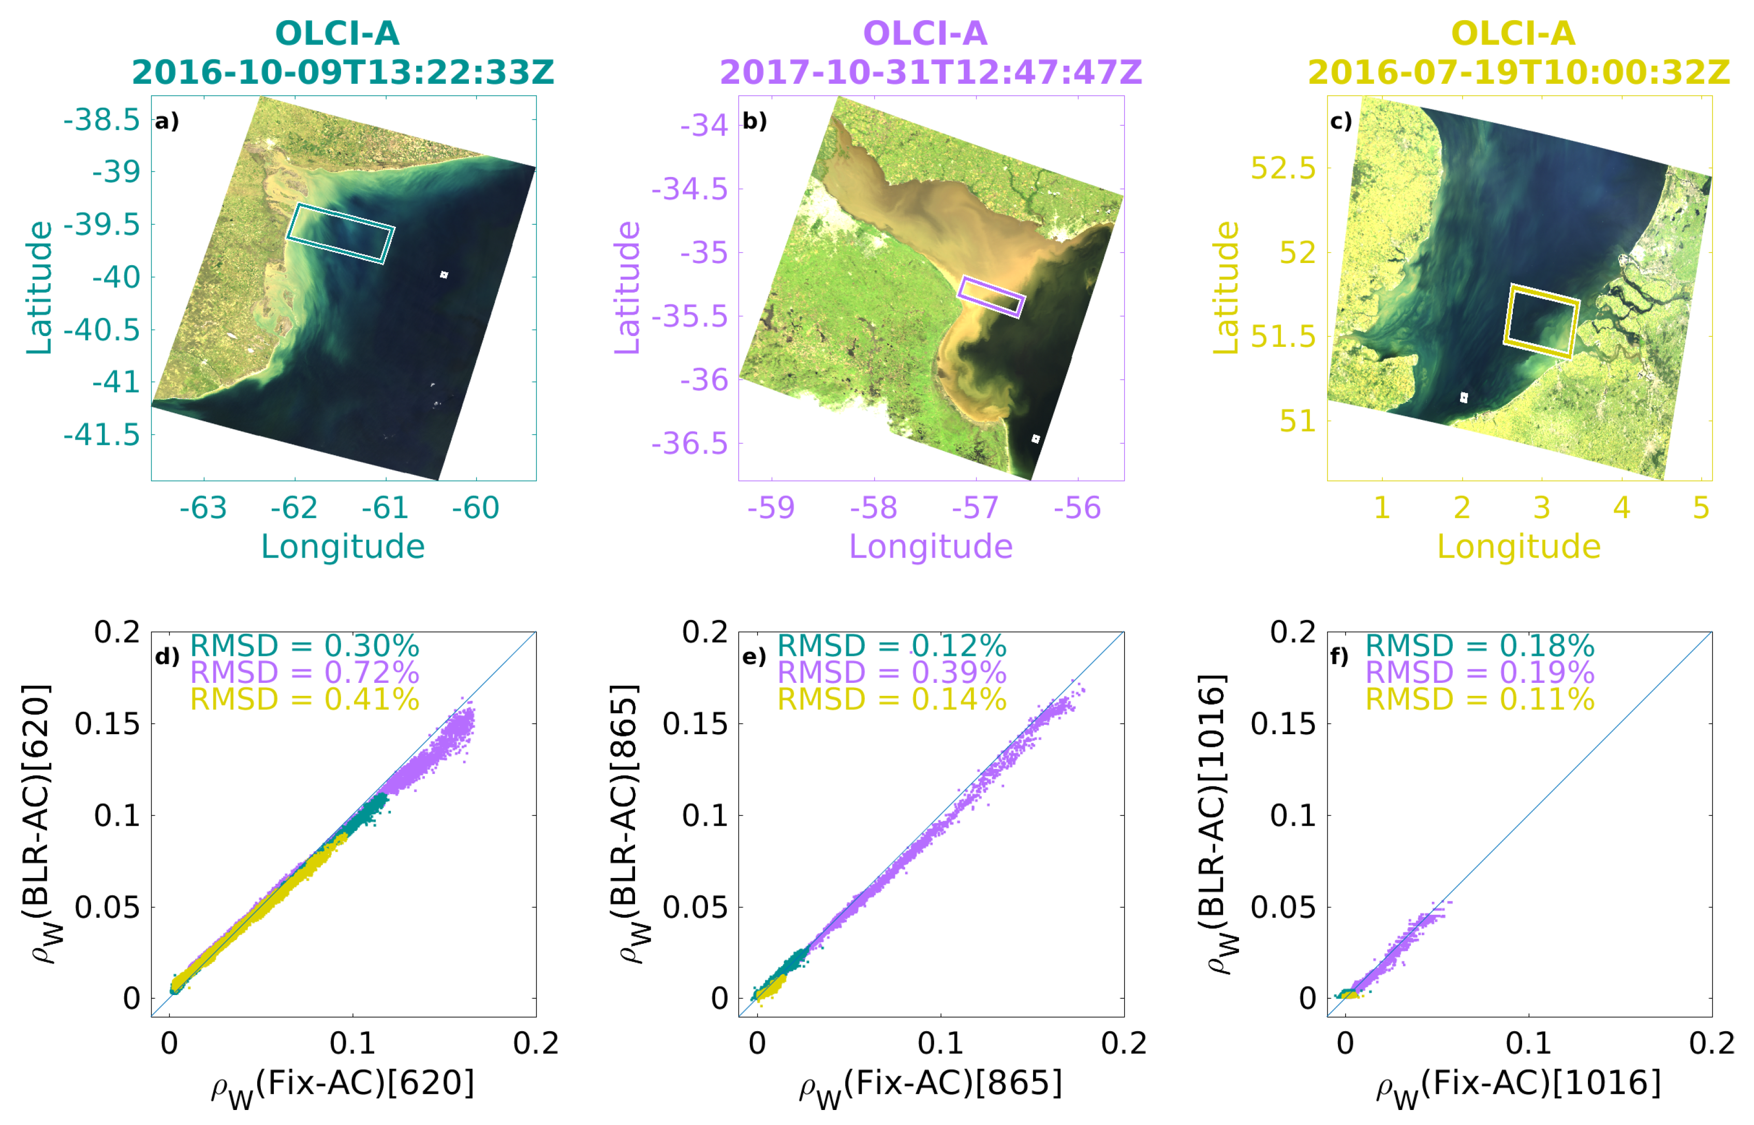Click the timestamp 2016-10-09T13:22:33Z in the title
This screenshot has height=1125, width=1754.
(343, 72)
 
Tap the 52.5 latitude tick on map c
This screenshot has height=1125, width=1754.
(1283, 168)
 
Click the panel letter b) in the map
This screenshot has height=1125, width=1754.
(754, 121)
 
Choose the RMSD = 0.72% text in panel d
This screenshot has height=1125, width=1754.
(304, 672)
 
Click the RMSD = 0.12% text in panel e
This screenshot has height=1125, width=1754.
(892, 646)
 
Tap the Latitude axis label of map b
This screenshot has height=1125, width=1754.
(627, 288)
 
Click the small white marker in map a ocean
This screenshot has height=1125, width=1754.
(444, 275)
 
